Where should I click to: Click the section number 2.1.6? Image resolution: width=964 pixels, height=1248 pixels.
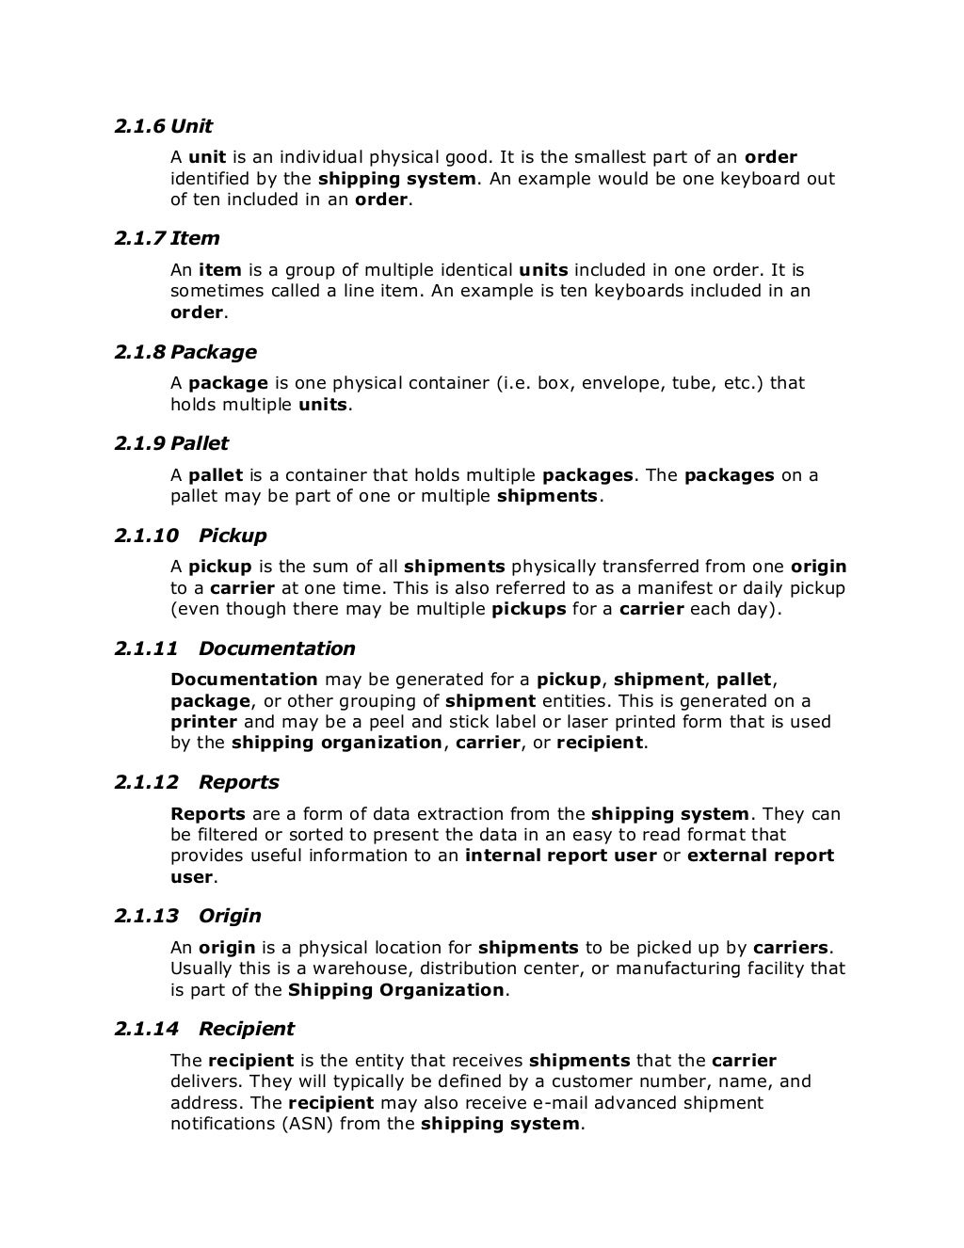point(139,126)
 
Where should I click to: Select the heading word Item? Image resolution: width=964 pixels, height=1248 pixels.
point(195,238)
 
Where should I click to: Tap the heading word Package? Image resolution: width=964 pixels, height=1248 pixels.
point(213,352)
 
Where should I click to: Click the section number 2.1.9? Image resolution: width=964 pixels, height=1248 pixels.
point(139,443)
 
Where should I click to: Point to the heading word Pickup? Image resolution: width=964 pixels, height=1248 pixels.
point(233,536)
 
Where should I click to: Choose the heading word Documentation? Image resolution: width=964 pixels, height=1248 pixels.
point(277,648)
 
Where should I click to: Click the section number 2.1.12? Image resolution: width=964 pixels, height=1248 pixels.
point(146,782)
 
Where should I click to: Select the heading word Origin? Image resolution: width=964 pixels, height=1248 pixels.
point(230,916)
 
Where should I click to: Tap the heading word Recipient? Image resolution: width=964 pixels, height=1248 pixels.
point(247,1029)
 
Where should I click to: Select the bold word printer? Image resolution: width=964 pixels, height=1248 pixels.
point(202,722)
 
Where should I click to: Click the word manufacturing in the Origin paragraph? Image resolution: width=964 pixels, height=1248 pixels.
point(704,968)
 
